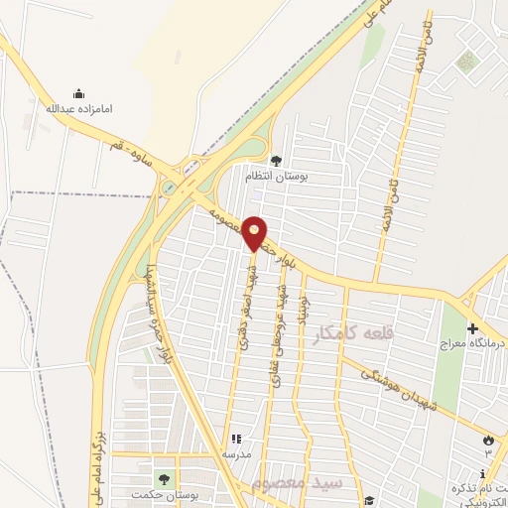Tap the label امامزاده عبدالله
click(78, 108)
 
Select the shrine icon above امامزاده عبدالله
click(78, 93)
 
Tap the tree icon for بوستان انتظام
click(276, 160)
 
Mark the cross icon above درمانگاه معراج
click(471, 327)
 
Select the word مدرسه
click(235, 453)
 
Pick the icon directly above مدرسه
click(235, 439)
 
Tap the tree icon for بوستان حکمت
click(163, 479)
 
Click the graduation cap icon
click(368, 501)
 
